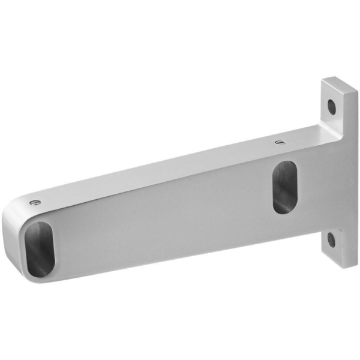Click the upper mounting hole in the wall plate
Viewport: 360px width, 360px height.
pos(331,107)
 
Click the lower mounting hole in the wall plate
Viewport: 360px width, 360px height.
pos(331,240)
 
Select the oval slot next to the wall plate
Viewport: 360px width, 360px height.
pos(284,187)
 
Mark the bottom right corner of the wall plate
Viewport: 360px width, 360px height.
pos(356,265)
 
